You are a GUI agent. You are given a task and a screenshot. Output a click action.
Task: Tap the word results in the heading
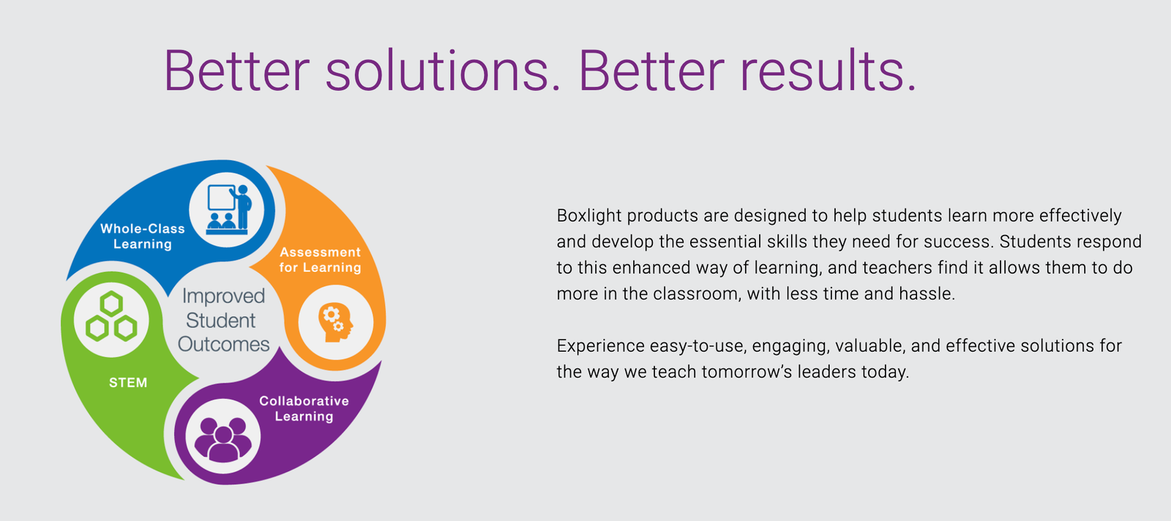(x=828, y=70)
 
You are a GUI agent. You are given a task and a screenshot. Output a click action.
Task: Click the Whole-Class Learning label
(x=143, y=236)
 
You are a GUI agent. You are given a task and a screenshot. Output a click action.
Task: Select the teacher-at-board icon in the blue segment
(x=228, y=209)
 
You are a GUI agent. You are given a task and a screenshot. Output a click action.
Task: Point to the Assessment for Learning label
(x=321, y=260)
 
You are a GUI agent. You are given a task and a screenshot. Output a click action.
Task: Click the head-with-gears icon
(x=336, y=323)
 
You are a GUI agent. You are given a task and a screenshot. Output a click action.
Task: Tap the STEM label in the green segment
(x=128, y=383)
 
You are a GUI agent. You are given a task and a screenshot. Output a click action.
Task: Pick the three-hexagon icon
(x=111, y=317)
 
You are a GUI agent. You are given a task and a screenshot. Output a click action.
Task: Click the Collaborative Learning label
(x=304, y=408)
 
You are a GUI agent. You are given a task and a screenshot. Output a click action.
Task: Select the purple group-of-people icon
(x=223, y=440)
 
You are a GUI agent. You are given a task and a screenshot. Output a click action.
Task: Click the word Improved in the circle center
(x=224, y=297)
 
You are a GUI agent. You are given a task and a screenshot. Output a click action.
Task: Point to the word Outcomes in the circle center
(x=224, y=345)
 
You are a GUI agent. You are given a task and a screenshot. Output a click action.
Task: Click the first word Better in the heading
(x=237, y=70)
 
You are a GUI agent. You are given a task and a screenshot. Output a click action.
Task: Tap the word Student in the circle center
(x=220, y=321)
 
